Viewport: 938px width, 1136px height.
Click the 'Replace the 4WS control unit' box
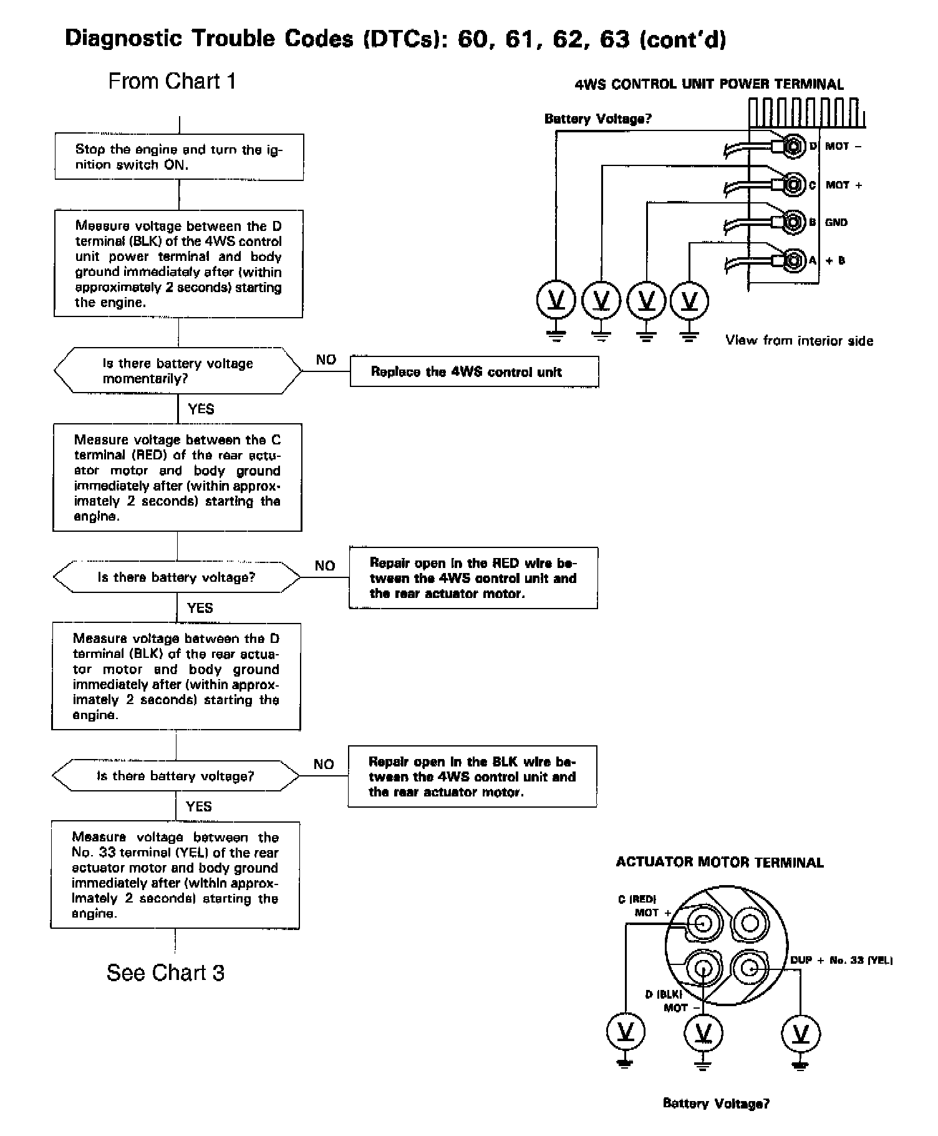point(474,372)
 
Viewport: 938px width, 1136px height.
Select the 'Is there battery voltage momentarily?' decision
point(178,371)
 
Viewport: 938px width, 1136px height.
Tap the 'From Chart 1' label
point(172,81)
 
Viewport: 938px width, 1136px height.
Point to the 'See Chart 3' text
point(165,972)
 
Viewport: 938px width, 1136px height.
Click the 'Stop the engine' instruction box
point(179,157)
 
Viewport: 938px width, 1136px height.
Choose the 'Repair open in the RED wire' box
point(473,578)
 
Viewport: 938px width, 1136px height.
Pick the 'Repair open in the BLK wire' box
point(472,776)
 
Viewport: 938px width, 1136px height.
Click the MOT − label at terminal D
point(843,146)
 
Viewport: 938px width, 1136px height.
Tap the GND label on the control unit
point(836,222)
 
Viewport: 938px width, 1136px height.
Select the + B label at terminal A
point(836,260)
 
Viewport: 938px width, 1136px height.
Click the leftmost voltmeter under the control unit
point(556,301)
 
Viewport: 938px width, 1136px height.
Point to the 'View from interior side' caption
point(799,341)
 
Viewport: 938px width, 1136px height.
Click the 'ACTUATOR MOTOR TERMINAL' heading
point(720,863)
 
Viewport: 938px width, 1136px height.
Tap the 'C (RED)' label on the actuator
point(637,899)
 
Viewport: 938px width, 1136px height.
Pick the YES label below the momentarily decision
point(201,409)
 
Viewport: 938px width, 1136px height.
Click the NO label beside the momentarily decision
point(326,360)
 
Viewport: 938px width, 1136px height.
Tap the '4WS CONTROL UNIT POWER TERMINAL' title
point(708,84)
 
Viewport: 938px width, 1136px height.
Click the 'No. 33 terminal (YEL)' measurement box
point(175,874)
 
